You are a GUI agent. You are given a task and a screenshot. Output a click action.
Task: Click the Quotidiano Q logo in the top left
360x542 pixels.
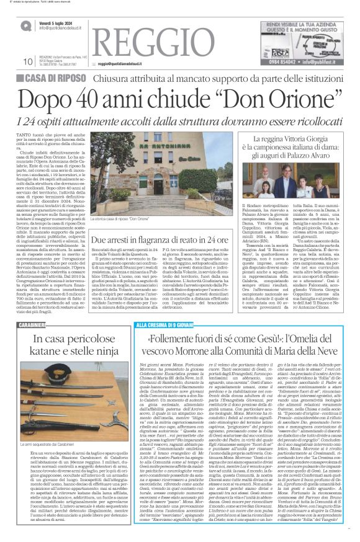pyautogui.click(x=25, y=25)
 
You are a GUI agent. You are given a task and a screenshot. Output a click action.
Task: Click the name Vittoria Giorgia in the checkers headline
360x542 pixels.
pyautogui.click(x=310, y=131)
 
